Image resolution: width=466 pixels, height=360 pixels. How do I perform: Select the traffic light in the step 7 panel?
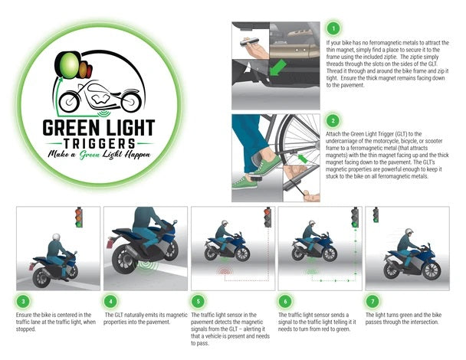point(376,216)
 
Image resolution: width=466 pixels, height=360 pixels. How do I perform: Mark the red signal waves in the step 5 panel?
point(225,271)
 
